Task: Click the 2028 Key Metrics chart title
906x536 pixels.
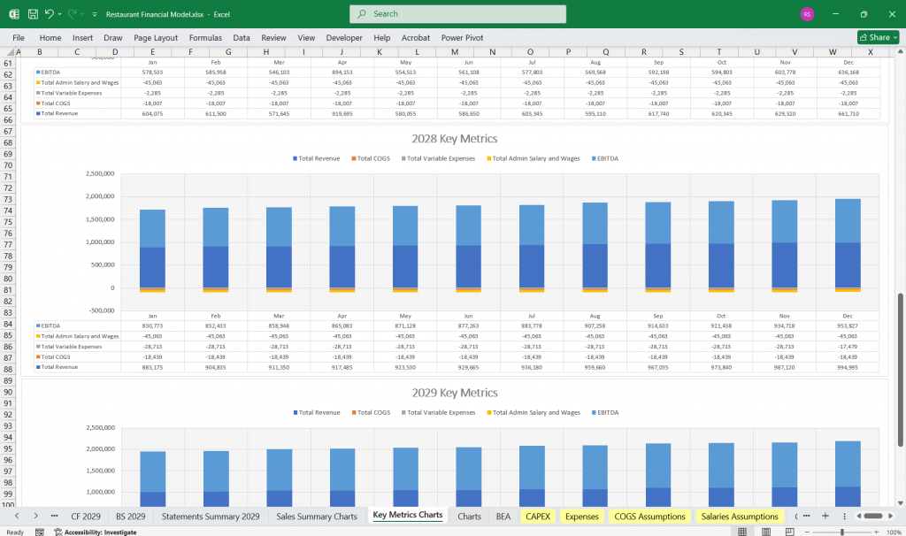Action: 454,139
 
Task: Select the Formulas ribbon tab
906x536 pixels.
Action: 205,38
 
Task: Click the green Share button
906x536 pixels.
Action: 878,37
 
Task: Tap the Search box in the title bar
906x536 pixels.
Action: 457,14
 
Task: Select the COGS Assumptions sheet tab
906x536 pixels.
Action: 650,516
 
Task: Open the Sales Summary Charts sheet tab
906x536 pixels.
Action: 317,516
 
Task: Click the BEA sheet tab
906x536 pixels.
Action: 503,516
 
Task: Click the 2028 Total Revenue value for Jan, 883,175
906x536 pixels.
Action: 152,367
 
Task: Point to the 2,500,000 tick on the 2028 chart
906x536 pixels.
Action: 100,174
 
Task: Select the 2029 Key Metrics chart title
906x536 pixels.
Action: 454,393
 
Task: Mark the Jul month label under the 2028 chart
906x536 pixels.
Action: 531,316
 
